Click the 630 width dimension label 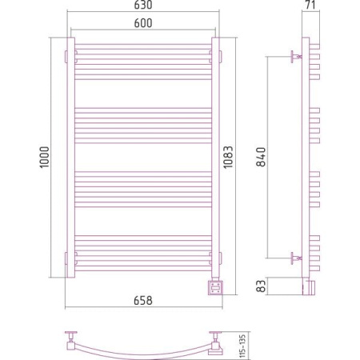(x=143, y=5)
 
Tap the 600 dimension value (x=143, y=23)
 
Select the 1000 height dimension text (x=45, y=157)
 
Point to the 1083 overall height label (x=228, y=157)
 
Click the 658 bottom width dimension (x=143, y=301)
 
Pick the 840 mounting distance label (x=261, y=157)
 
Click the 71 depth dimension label (x=310, y=5)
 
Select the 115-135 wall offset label (x=242, y=346)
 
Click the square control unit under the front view (x=216, y=287)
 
